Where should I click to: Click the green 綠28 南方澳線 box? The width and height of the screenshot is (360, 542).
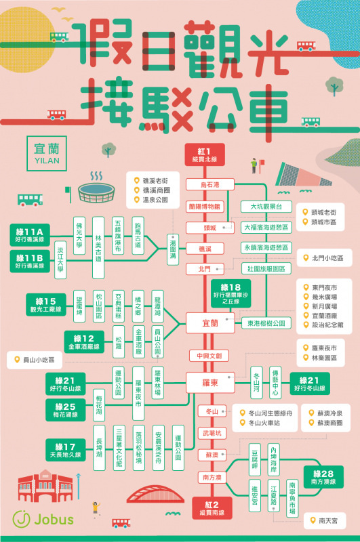pos(323,475)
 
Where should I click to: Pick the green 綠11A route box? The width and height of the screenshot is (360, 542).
pos(29,233)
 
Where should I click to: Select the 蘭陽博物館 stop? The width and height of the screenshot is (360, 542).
pos(204,206)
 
